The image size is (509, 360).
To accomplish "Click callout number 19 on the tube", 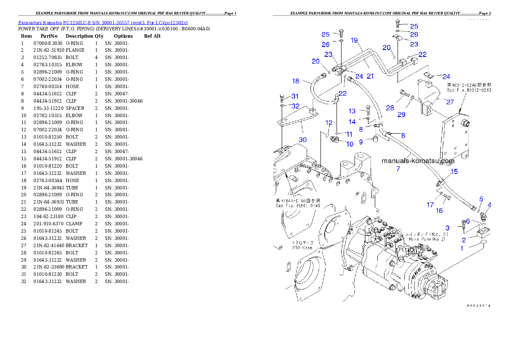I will tap(354, 40).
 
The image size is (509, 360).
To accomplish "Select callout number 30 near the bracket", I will tap(302, 139).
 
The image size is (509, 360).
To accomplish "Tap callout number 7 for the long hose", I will tap(398, 169).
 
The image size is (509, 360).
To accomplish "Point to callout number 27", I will tap(450, 102).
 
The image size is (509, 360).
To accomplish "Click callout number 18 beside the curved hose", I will tap(296, 81).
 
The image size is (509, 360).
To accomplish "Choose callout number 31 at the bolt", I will tap(295, 96).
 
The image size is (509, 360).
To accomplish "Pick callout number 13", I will tap(352, 111).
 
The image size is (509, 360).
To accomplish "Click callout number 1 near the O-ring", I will tap(462, 248).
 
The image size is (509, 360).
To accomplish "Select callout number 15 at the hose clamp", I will tap(454, 171).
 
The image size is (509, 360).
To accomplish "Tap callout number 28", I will tap(390, 108).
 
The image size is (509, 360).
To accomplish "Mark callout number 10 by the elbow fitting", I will tap(350, 144).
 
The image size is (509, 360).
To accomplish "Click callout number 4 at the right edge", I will tap(489, 205).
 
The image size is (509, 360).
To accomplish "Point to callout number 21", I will tap(370, 76).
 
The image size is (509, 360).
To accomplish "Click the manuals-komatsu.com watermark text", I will tap(418, 161).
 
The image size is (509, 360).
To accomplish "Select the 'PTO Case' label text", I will tap(302, 245).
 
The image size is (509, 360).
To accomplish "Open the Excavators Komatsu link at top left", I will tap(103, 22).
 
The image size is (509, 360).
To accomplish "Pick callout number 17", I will tap(430, 205).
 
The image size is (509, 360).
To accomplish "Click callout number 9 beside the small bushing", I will tap(361, 142).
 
